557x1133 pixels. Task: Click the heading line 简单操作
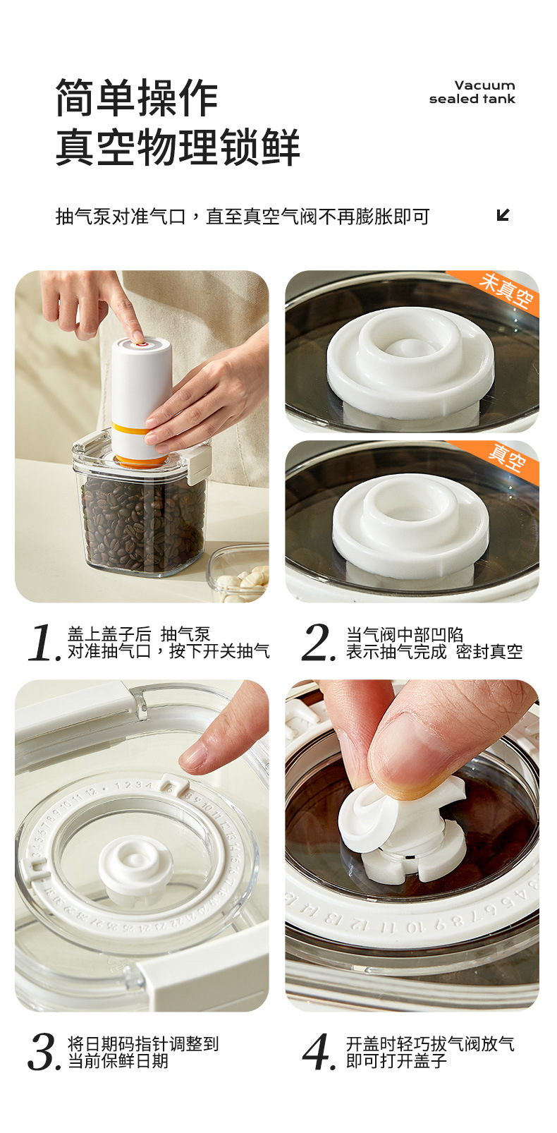coord(137,97)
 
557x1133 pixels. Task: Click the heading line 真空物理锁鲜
coord(178,147)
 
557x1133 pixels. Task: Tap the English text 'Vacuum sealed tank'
coord(472,92)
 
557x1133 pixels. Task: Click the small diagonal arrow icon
coord(503,215)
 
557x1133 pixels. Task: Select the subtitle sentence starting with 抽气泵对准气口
coord(243,217)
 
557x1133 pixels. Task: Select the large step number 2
coord(318,643)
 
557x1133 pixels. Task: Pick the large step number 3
coord(45,1052)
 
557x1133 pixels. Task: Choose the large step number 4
coord(319,1052)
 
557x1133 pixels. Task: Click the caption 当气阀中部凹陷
coord(405,634)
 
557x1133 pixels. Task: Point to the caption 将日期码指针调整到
coord(143,1043)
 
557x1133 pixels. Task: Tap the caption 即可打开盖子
coord(396,1060)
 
